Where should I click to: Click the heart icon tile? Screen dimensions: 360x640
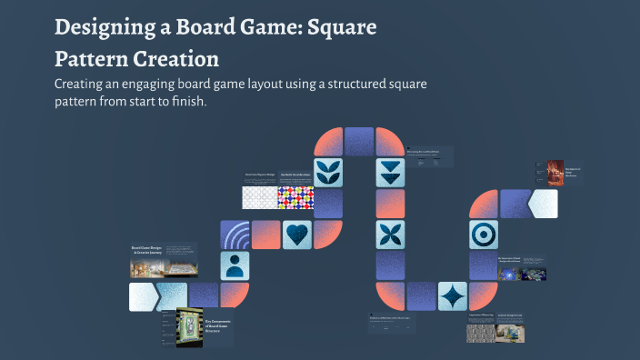[297, 235]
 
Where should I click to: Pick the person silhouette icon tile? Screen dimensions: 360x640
[235, 265]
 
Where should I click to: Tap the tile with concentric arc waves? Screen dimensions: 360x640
[235, 235]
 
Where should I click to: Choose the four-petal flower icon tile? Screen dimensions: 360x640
[390, 235]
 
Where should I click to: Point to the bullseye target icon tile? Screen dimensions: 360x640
[484, 235]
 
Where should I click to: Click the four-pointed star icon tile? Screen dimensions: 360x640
[452, 296]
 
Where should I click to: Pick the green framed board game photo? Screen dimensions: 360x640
[188, 327]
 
